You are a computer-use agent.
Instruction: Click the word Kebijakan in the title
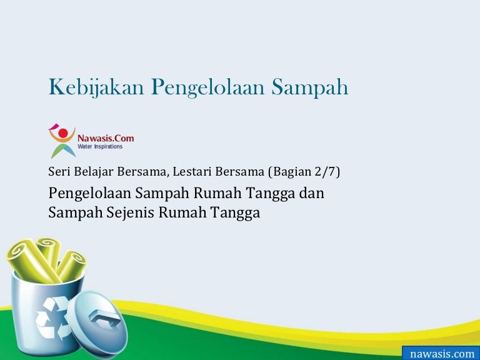(96, 88)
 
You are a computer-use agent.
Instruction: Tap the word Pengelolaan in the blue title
(207, 88)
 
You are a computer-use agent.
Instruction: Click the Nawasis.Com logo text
(106, 138)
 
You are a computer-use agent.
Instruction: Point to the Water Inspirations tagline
(100, 146)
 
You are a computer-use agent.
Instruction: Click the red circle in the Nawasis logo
(63, 133)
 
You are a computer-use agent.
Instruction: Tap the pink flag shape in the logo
(54, 126)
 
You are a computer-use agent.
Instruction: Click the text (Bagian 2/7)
(304, 172)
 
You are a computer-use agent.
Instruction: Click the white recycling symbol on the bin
(52, 317)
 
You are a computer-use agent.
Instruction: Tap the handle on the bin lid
(104, 318)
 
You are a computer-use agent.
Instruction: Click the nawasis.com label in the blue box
(442, 354)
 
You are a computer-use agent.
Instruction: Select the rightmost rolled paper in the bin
(72, 266)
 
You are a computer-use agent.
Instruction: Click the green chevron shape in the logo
(63, 150)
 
